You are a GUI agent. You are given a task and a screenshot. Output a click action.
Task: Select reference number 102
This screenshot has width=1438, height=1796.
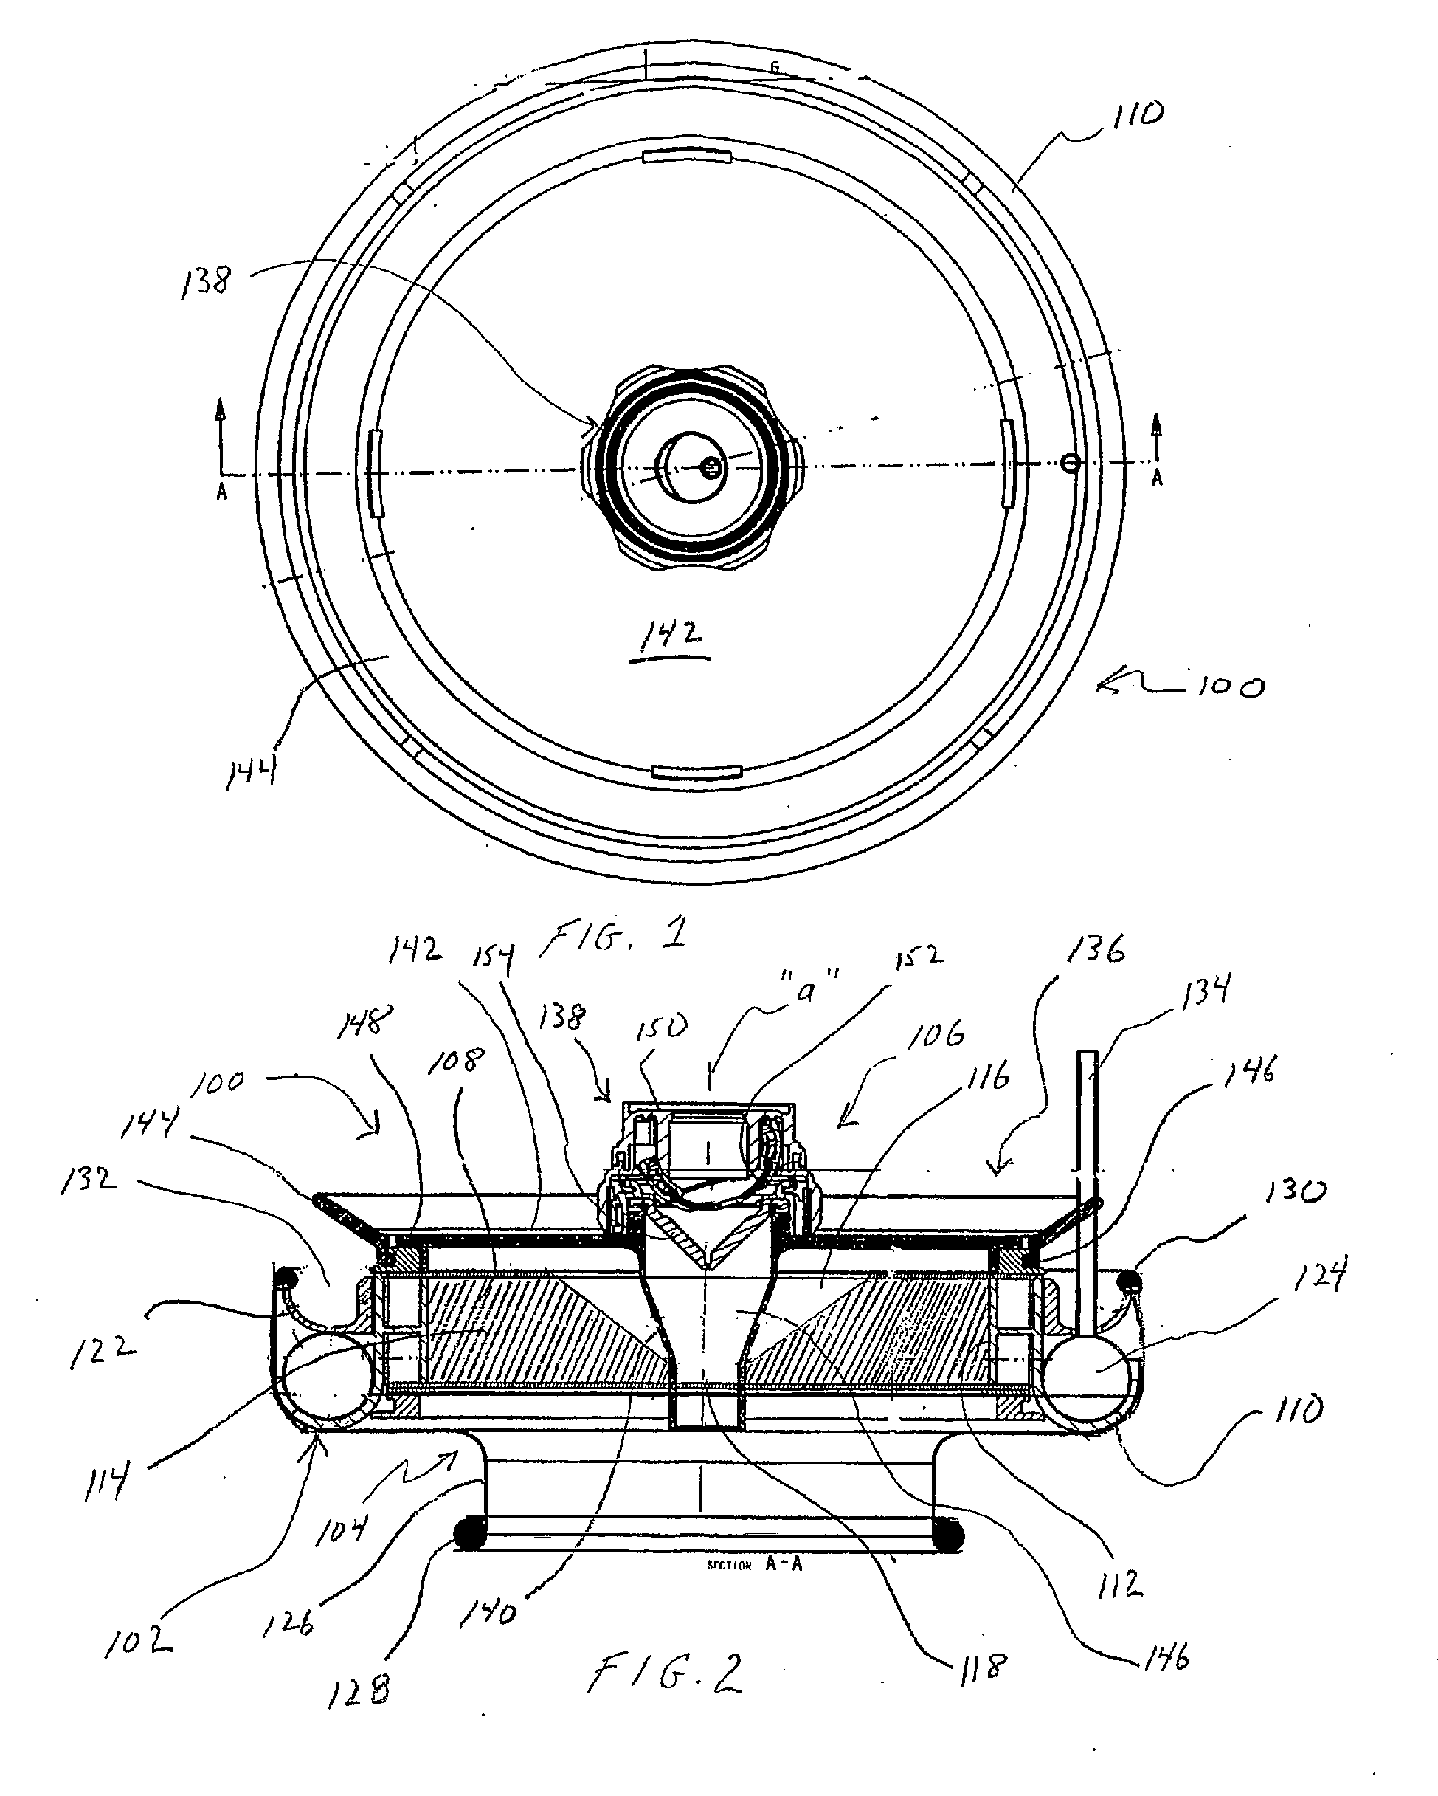pyautogui.click(x=138, y=1640)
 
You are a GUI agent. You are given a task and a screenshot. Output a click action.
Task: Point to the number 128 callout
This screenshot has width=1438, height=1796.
pyautogui.click(x=359, y=1690)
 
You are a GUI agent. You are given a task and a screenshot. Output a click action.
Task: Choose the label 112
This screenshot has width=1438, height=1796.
pyautogui.click(x=1121, y=1585)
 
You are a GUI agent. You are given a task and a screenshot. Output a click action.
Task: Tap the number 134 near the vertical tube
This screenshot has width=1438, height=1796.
pyautogui.click(x=1206, y=991)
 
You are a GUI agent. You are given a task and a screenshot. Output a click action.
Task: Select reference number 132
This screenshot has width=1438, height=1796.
pyautogui.click(x=89, y=1181)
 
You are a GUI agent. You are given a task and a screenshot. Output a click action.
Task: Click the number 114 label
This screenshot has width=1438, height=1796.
pyautogui.click(x=106, y=1484)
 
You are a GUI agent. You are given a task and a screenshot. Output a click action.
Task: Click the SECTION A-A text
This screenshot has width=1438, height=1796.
pyautogui.click(x=754, y=1564)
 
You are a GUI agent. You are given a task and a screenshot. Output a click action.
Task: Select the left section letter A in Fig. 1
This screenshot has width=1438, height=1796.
pyautogui.click(x=221, y=492)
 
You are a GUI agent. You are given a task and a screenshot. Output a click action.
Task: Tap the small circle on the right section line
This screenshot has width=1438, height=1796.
pyautogui.click(x=1071, y=462)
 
